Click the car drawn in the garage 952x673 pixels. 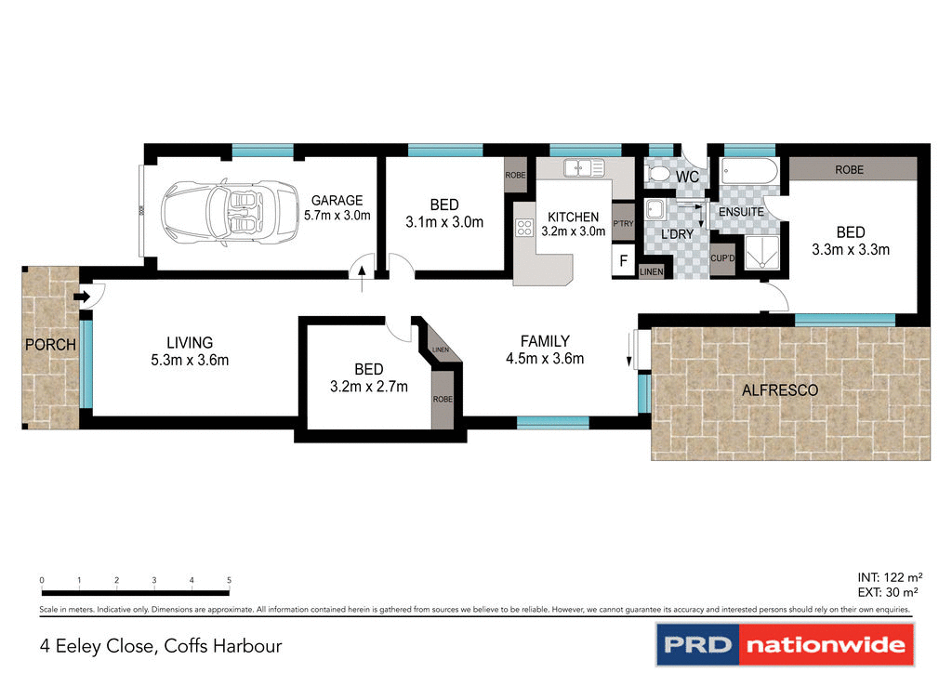pos(224,213)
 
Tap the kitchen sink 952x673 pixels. pos(585,168)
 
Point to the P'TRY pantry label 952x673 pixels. pos(623,224)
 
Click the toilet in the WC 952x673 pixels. pos(657,175)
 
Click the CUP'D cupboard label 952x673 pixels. pos(721,258)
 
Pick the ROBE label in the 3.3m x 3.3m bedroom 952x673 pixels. pos(849,170)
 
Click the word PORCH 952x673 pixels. pos(49,345)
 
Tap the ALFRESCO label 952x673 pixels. pos(780,390)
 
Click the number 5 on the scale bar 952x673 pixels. pos(229,580)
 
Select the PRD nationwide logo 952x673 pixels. pos(786,644)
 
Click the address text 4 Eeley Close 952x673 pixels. pos(161,645)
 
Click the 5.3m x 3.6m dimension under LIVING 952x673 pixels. pos(191,361)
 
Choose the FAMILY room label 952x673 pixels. pos(545,341)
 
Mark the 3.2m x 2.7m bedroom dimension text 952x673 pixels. pos(369,387)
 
